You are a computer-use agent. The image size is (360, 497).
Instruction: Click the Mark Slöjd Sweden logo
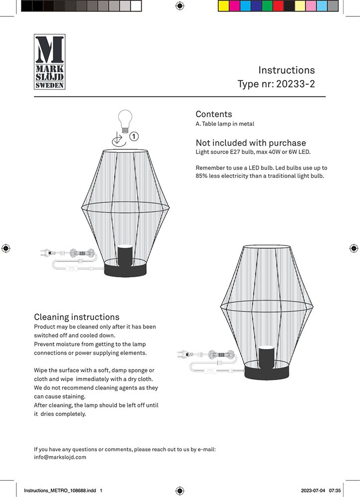click(x=49, y=62)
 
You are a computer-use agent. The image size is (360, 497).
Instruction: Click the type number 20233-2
click(x=297, y=84)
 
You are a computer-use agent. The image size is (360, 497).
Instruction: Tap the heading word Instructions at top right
click(x=286, y=70)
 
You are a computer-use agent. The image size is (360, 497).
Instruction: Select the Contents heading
click(x=214, y=114)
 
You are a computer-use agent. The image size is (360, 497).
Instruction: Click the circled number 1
click(x=134, y=135)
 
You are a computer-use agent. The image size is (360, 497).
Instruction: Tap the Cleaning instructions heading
click(x=77, y=317)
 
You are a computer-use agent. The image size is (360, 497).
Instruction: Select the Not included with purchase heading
click(x=251, y=143)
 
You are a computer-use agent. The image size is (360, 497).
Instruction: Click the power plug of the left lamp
click(x=46, y=252)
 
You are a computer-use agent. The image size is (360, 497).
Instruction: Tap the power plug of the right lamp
click(x=183, y=355)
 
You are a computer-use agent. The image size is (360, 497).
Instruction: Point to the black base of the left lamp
click(x=126, y=270)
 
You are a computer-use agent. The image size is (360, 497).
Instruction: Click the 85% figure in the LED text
click(x=202, y=176)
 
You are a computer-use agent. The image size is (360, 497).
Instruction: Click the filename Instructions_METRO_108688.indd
click(x=60, y=491)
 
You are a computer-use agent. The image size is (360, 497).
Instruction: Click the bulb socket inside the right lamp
click(x=267, y=355)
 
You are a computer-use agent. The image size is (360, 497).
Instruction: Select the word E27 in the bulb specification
click(x=235, y=152)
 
